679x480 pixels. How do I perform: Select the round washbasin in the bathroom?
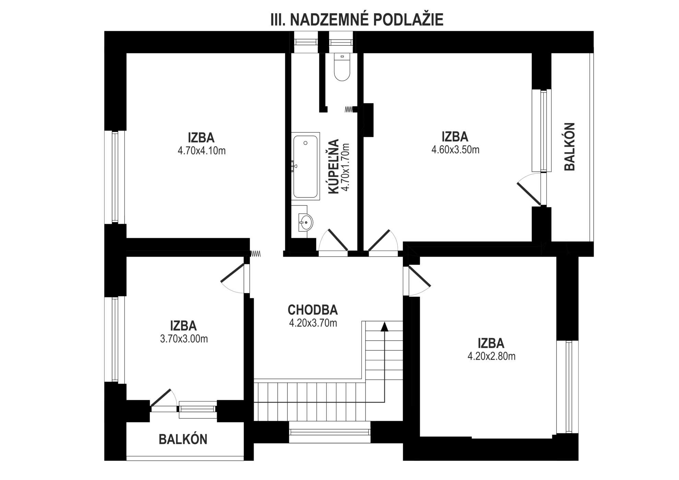(x=306, y=222)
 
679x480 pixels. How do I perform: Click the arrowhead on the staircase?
(x=384, y=327)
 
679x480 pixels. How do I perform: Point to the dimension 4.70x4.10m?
(x=202, y=151)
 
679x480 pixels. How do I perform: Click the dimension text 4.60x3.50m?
(x=455, y=150)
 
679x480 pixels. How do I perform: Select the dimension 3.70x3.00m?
(x=184, y=339)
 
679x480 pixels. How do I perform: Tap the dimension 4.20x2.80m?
(x=491, y=356)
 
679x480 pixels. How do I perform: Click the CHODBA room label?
(x=313, y=310)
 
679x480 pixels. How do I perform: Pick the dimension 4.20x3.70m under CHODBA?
(x=313, y=323)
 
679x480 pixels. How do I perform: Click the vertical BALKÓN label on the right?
(x=570, y=147)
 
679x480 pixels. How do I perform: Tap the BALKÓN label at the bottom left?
(x=183, y=439)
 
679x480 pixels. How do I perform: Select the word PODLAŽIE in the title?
(x=408, y=20)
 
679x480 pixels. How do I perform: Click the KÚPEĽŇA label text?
(x=334, y=166)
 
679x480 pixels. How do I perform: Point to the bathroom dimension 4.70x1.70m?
(x=345, y=167)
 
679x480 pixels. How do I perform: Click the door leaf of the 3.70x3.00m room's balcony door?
(x=160, y=398)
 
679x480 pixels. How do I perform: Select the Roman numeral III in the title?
(x=278, y=20)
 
